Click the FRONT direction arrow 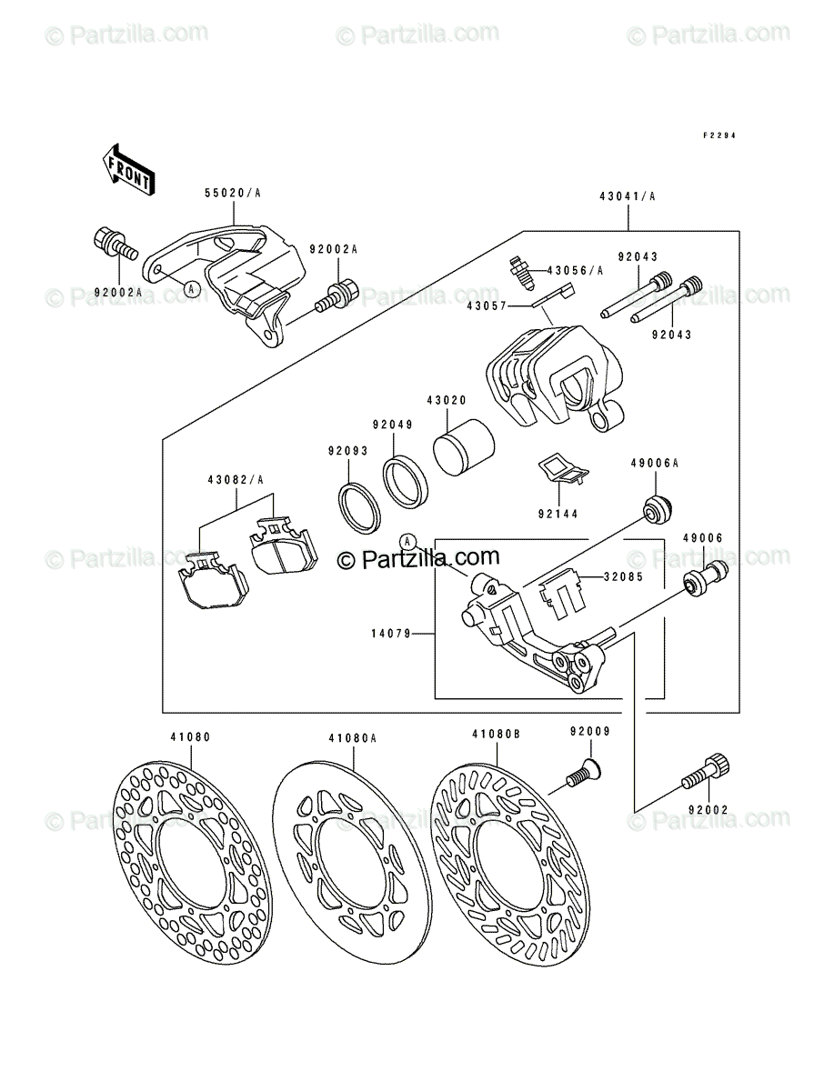pyautogui.click(x=128, y=170)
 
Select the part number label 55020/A pyautogui.click(x=233, y=193)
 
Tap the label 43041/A pyautogui.click(x=628, y=196)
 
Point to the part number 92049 pyautogui.click(x=393, y=425)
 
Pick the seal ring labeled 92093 pyautogui.click(x=359, y=508)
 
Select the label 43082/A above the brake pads pyautogui.click(x=236, y=480)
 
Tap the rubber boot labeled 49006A pyautogui.click(x=658, y=509)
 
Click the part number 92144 pyautogui.click(x=558, y=514)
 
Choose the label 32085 pyautogui.click(x=623, y=576)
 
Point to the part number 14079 pyautogui.click(x=391, y=633)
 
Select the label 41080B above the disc pyautogui.click(x=496, y=734)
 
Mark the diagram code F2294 pyautogui.click(x=718, y=135)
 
